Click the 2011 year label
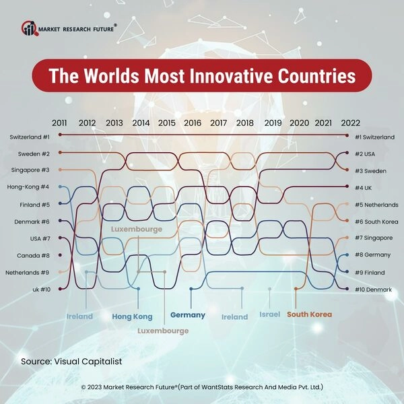coord(59,123)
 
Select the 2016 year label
coord(193,123)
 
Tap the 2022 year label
coord(351,123)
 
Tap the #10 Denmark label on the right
coord(373,290)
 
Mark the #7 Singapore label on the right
coord(374,238)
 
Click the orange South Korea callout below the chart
coord(309,314)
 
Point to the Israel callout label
coord(270,314)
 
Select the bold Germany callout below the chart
coord(188,314)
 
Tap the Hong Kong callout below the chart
coord(132,316)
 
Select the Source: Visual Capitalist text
coord(71,362)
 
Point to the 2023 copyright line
coord(202,388)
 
